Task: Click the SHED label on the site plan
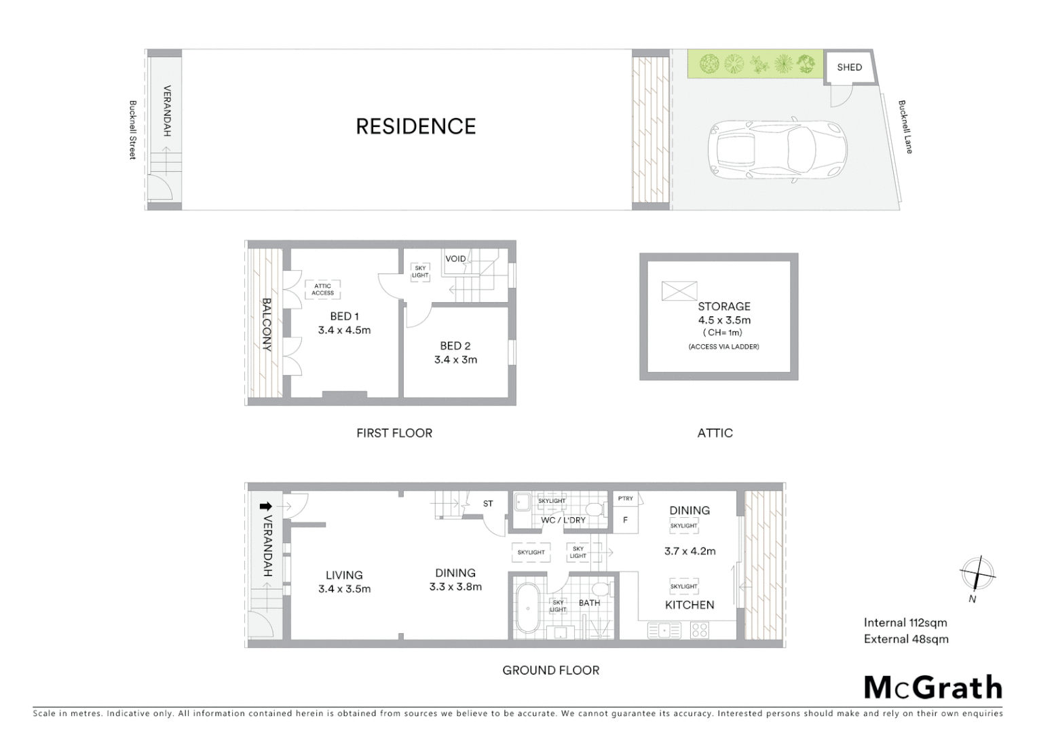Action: click(x=849, y=67)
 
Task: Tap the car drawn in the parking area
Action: click(x=777, y=151)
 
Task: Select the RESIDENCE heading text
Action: click(x=416, y=126)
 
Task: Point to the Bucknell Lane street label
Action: click(x=905, y=127)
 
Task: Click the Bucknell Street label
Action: click(x=133, y=130)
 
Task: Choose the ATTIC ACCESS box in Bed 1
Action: click(x=322, y=290)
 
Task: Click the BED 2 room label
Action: click(x=455, y=346)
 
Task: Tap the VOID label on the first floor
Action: click(x=455, y=259)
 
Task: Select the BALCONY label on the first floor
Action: click(x=267, y=324)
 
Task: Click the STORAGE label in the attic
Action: click(x=724, y=307)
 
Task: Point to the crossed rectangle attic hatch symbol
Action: click(x=679, y=291)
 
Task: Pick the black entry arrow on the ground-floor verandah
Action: click(x=266, y=506)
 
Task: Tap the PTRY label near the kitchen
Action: click(x=625, y=499)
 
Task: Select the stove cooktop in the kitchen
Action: click(x=699, y=631)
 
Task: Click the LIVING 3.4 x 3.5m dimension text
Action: click(x=344, y=589)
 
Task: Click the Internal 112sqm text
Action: click(x=905, y=622)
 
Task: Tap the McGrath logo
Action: click(x=932, y=688)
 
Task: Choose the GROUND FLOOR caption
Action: click(x=550, y=671)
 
